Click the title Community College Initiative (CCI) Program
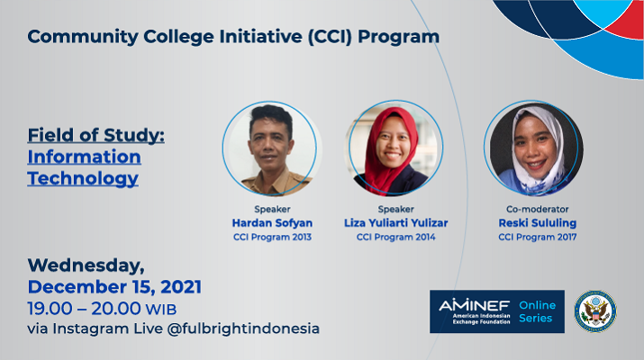coord(233,37)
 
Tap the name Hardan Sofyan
coord(272,223)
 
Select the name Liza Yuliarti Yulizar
coord(396,223)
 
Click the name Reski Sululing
coord(537,223)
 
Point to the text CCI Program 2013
coord(272,237)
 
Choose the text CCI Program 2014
coord(396,237)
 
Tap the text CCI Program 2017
coord(537,237)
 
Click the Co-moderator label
coord(537,210)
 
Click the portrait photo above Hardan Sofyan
coord(271,148)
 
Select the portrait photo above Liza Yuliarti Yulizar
coord(395,148)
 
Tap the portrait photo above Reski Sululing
coord(533,148)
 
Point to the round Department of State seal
coord(595,311)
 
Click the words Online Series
coord(537,311)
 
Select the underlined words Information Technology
coord(84,168)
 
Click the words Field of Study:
coord(96,135)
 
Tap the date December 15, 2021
coord(114,287)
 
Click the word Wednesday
coord(85,265)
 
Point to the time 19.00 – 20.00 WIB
coord(102,309)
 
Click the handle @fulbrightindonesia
coord(243,328)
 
